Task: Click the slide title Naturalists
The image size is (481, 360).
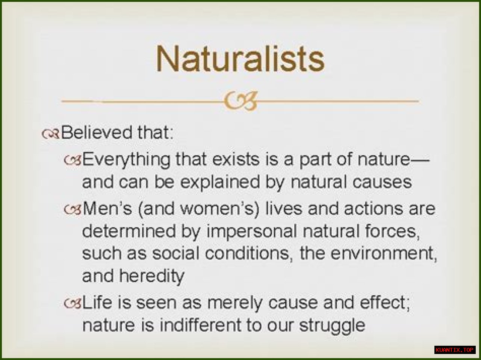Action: point(240,59)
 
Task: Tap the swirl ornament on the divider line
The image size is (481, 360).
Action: point(240,101)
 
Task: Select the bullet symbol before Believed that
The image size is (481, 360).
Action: point(50,134)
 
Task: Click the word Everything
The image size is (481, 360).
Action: point(126,160)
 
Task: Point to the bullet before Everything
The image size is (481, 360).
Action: point(73,161)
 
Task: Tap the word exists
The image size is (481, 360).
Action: point(236,159)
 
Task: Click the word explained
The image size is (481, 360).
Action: point(220,182)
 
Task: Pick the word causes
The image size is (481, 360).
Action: point(382,182)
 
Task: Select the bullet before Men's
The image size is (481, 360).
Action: point(73,209)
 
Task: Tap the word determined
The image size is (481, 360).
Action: point(129,231)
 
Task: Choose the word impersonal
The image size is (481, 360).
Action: point(252,232)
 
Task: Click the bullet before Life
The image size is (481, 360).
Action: point(73,303)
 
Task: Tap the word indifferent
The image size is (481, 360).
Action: point(200,325)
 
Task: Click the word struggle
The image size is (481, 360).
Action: point(332,326)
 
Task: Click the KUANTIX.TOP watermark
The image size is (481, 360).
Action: point(455,350)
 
